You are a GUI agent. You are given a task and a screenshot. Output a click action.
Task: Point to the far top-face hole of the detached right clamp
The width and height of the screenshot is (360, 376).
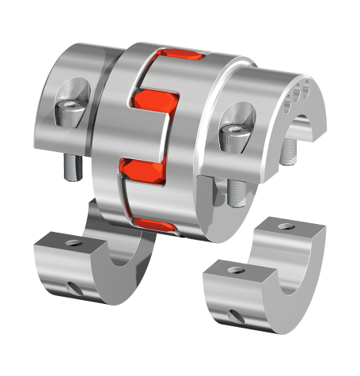(288, 226)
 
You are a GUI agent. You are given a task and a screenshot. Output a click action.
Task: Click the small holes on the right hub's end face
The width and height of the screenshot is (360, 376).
(300, 90)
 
